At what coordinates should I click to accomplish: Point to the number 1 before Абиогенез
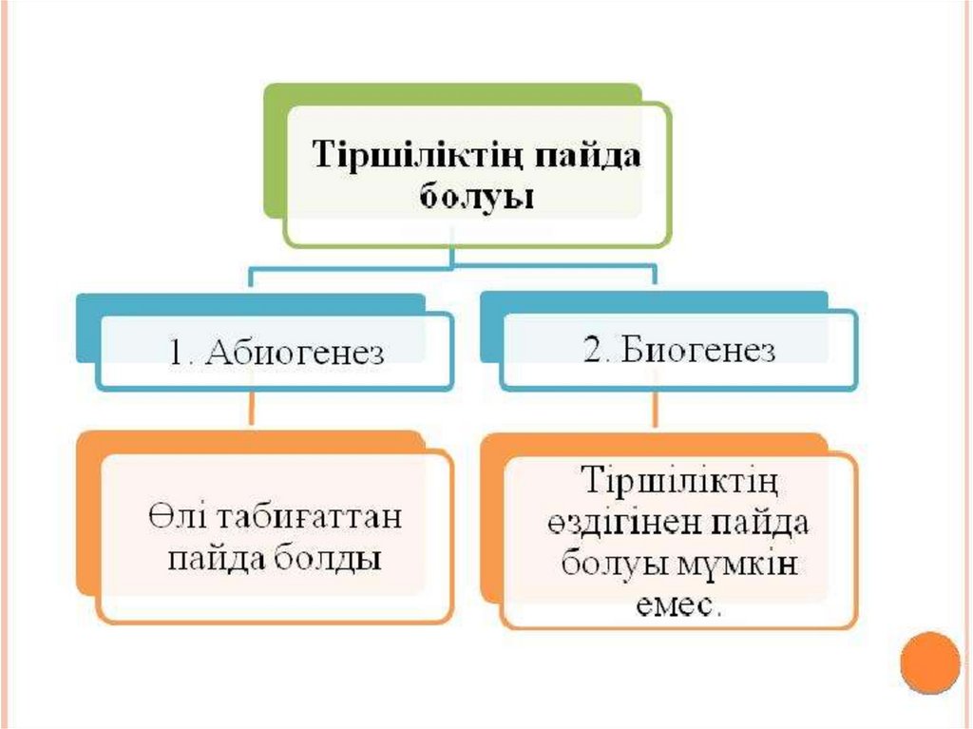click(x=176, y=353)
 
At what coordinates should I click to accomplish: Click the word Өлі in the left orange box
click(x=168, y=519)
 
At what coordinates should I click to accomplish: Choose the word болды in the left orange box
click(x=330, y=557)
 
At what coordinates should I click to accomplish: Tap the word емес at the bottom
click(x=677, y=605)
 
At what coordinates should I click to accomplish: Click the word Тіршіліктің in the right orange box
click(x=678, y=481)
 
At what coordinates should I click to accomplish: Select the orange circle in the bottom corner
click(x=930, y=662)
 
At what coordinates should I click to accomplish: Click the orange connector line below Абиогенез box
click(x=251, y=410)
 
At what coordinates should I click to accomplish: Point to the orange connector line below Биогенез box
click(x=655, y=411)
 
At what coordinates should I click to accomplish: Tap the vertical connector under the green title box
click(x=453, y=258)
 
